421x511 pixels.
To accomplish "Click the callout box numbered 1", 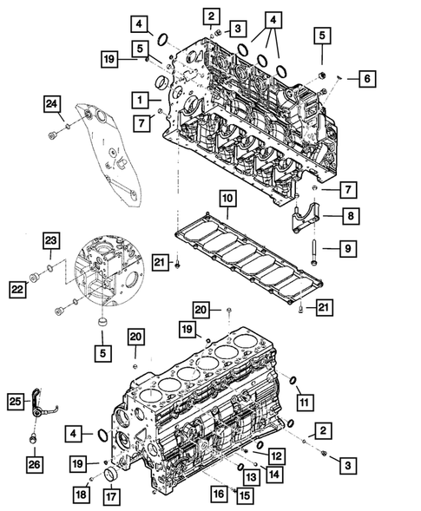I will click(139, 98).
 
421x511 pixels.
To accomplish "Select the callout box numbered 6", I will click(365, 80).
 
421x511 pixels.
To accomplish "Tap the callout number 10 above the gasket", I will click(227, 200).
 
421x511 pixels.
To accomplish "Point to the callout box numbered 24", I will click(54, 106).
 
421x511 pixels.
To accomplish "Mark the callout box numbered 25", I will click(16, 401).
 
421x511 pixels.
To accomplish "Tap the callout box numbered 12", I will click(274, 456).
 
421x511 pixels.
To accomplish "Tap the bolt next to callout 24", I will click(56, 134).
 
